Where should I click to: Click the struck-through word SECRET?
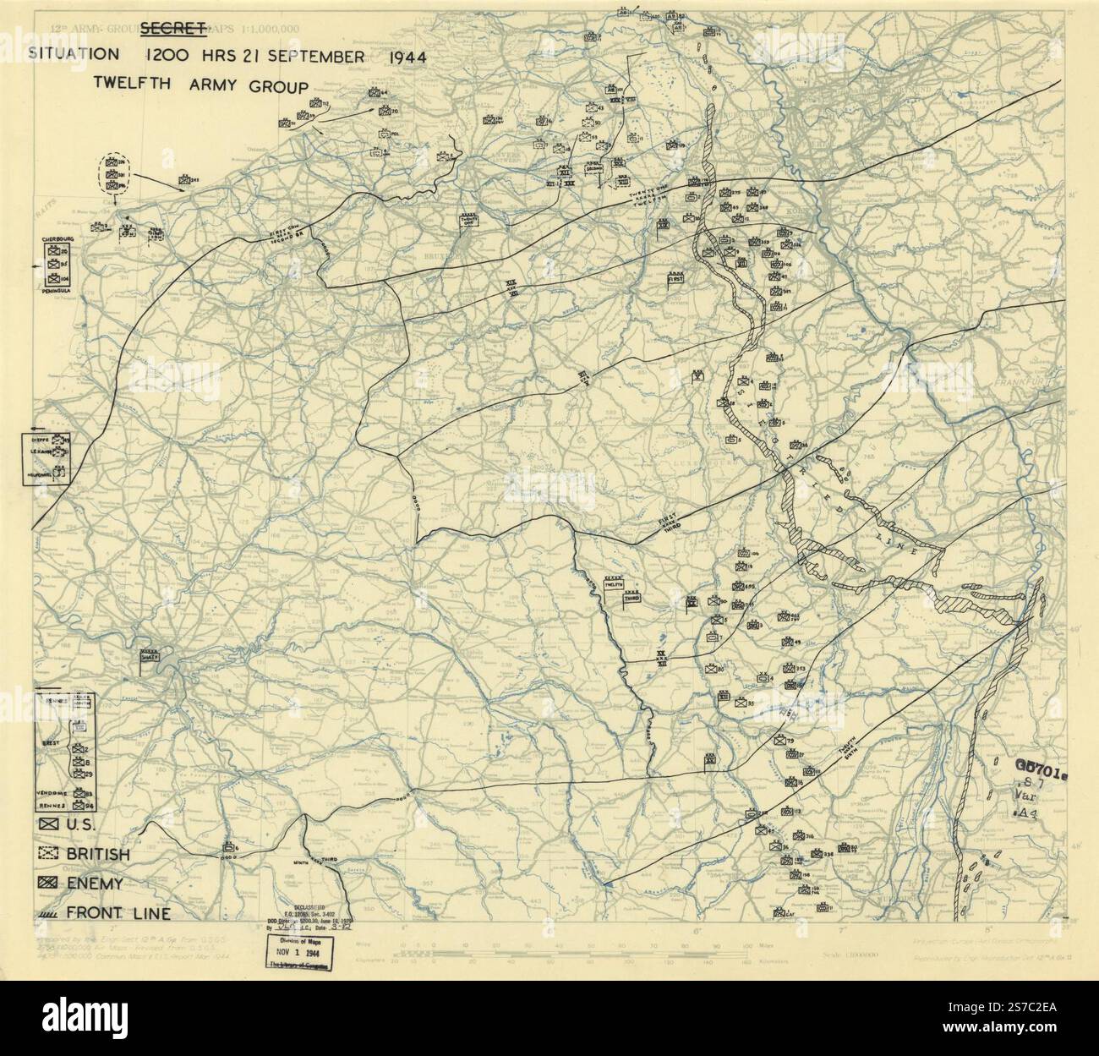173,30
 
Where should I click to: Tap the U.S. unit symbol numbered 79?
779,740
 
